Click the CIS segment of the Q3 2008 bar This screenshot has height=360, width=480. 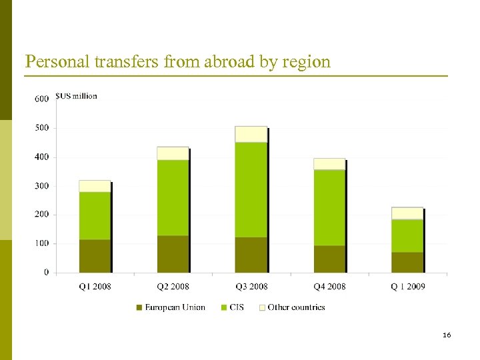coord(251,189)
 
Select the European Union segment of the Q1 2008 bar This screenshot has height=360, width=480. coord(95,256)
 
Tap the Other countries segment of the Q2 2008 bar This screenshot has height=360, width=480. coord(173,153)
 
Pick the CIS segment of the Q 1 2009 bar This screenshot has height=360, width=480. coord(407,235)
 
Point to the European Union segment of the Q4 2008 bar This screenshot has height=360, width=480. coord(329,259)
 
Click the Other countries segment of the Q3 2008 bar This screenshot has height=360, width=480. coord(251,134)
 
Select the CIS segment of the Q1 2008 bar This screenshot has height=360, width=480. coord(95,215)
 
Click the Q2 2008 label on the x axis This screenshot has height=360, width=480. coord(173,287)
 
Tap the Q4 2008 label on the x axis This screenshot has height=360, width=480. coord(329,287)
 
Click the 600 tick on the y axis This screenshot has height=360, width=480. coord(41,99)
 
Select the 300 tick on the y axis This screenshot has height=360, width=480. coord(41,186)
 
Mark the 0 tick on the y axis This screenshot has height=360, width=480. coord(46,273)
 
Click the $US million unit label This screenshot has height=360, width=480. coord(77,96)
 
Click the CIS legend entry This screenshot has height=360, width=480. coord(236,307)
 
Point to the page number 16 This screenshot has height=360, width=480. coord(447,335)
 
